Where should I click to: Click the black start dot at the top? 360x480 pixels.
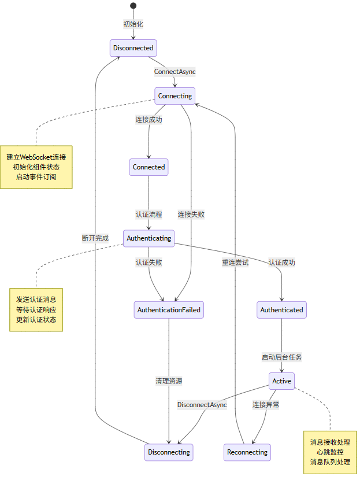[133, 6]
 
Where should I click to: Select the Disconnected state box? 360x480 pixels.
[133, 48]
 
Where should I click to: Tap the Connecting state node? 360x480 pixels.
[175, 95]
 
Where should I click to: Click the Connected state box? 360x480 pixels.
[149, 167]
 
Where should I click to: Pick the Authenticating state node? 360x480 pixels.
[149, 238]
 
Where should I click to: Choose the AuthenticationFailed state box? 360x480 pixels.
[169, 310]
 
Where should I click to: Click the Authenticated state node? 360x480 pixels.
[281, 310]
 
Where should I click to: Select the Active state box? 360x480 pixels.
[281, 381]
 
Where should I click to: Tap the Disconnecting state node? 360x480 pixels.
[169, 452]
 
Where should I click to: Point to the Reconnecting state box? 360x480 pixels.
[247, 452]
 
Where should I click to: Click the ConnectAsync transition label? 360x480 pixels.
[175, 72]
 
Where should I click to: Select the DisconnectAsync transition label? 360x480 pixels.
[202, 405]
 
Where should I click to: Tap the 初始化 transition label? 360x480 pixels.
[133, 24]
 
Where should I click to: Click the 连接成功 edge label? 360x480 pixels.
[149, 120]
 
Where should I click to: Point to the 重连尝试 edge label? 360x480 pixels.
[236, 262]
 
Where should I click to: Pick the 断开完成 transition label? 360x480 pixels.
[95, 238]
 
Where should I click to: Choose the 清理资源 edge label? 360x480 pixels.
[169, 381]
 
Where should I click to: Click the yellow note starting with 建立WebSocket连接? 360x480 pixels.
[36, 167]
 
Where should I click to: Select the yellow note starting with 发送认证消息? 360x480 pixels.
[36, 309]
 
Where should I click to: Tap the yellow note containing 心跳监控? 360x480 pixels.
[330, 452]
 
